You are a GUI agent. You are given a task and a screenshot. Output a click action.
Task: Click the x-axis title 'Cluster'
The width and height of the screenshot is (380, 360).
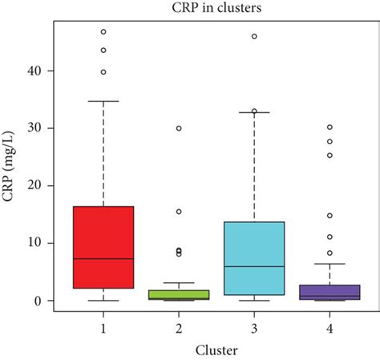216,349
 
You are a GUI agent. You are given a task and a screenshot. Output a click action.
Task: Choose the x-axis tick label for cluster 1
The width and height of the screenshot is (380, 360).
103,328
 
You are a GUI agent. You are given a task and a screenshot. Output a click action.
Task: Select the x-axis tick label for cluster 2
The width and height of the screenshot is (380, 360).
179,328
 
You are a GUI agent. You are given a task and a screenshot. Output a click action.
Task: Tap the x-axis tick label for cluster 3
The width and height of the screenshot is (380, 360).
254,328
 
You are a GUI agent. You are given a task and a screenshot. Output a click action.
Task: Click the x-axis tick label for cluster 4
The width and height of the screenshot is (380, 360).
329,328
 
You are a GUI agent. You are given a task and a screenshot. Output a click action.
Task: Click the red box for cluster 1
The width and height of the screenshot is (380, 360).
103,241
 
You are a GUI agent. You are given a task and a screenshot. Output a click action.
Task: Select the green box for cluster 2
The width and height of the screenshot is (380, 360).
179,294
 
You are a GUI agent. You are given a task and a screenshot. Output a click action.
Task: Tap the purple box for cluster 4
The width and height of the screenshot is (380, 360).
329,292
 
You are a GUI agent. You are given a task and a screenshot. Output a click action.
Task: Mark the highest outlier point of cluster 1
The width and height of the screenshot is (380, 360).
103,32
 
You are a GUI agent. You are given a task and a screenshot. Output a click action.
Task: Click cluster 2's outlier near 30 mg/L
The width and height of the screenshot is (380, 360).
179,128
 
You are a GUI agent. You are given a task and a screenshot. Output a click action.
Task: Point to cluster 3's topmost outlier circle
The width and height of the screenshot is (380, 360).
254,36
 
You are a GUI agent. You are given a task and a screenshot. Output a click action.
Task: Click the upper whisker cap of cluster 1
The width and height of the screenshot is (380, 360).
103,101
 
